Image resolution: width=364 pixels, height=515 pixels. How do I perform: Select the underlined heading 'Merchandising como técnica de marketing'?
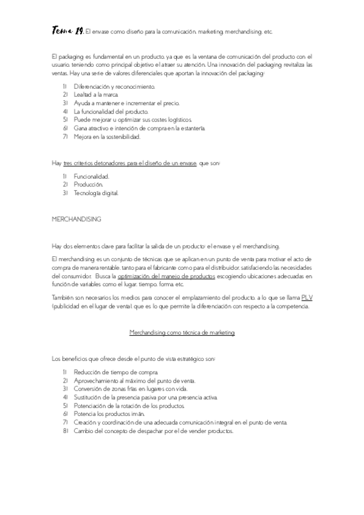click(x=182, y=332)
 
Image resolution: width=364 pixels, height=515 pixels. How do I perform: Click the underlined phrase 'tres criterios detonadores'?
click(x=91, y=163)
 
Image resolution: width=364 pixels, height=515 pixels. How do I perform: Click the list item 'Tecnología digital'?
click(x=96, y=193)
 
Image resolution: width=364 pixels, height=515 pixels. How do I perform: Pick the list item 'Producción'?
click(x=88, y=185)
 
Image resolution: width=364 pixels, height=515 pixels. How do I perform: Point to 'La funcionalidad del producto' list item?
click(x=111, y=112)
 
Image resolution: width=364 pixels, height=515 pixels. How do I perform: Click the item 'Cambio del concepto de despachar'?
click(x=153, y=431)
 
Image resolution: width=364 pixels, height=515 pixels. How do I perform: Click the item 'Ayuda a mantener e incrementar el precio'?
click(x=123, y=103)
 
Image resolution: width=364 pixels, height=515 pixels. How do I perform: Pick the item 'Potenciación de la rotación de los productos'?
click(x=129, y=405)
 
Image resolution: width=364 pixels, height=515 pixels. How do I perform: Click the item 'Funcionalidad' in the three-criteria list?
click(x=91, y=176)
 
